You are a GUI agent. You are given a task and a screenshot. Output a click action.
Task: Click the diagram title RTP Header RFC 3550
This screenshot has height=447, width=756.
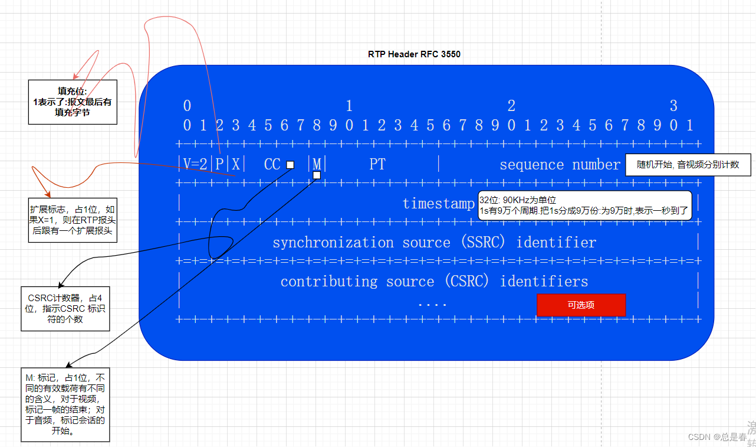pos(414,54)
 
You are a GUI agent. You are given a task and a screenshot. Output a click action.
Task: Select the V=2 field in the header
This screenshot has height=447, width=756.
pos(195,164)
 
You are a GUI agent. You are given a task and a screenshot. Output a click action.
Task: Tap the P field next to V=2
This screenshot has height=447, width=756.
pos(219,164)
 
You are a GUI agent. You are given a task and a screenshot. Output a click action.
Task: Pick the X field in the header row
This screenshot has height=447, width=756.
pos(235,164)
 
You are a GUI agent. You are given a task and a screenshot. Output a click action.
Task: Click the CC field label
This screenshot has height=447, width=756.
pos(272,164)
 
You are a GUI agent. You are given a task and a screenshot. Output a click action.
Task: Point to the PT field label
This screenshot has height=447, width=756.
pos(377,164)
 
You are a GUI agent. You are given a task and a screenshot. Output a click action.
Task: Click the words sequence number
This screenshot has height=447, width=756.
pos(559,165)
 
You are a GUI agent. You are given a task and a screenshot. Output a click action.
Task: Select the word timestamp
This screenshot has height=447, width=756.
pos(438,204)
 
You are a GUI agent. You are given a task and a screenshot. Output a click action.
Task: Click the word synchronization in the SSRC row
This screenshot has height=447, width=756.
pos(333,243)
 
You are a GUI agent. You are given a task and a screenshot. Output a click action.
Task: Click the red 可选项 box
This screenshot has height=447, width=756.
pos(581,305)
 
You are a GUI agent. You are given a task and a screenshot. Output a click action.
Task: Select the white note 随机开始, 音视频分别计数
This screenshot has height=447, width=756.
pos(688,165)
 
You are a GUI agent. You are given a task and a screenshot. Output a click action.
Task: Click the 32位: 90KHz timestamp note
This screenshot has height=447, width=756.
pos(584,205)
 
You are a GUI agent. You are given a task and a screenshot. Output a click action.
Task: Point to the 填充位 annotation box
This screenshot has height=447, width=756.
pos(73,102)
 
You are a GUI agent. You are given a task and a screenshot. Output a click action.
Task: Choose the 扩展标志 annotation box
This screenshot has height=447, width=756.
pos(73,220)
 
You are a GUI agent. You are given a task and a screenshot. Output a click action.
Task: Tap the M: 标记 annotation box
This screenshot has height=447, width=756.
pos(65,404)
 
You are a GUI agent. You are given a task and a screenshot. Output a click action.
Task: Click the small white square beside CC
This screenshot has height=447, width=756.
pos(290,165)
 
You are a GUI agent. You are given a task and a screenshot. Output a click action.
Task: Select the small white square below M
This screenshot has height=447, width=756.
pos(317,175)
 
